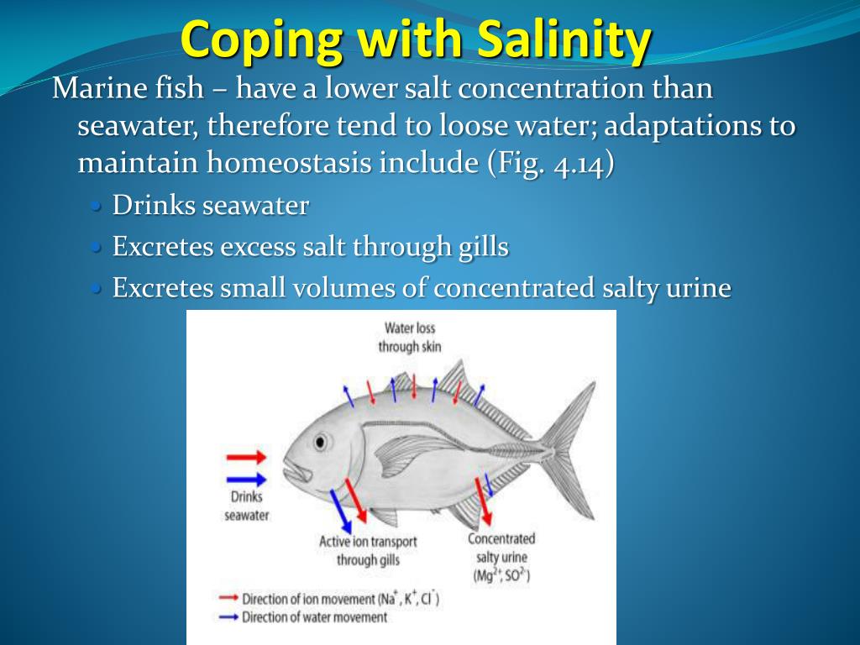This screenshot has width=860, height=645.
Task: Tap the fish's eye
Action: (x=320, y=442)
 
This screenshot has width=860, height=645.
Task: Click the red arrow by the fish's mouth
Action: (x=246, y=458)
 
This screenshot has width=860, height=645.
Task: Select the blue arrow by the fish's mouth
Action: (x=246, y=480)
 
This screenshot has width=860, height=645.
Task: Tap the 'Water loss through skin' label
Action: (x=410, y=337)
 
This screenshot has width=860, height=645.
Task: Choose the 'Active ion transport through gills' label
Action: (x=368, y=550)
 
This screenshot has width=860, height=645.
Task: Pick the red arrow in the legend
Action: (x=228, y=599)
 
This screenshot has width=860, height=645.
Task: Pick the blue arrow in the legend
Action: (x=228, y=617)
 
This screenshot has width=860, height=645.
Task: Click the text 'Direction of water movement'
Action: (x=315, y=617)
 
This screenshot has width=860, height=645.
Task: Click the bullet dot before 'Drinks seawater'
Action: (x=97, y=206)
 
